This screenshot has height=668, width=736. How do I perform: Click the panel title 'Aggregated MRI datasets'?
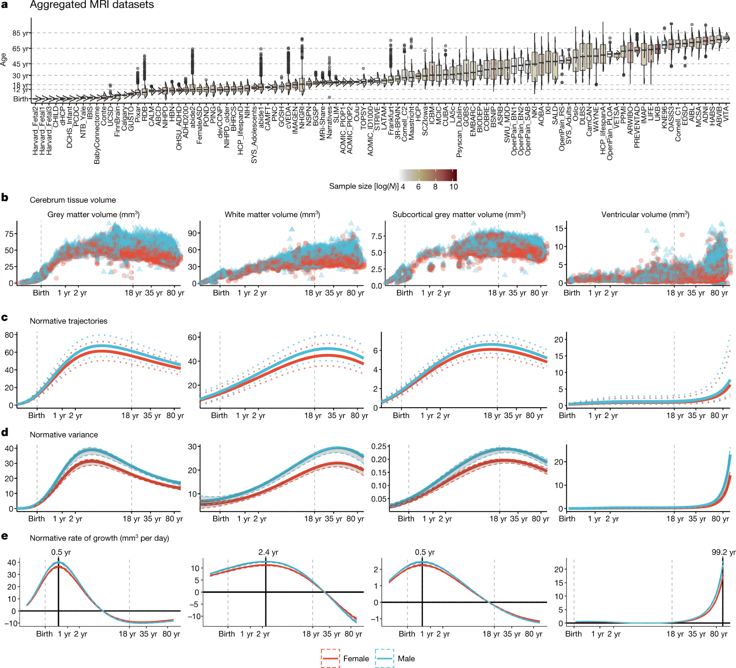tap(92, 5)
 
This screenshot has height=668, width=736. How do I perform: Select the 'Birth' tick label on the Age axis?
tap(21, 99)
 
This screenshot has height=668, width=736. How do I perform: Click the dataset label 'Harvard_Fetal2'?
tap(35, 130)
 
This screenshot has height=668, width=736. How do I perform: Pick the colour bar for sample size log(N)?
tap(428, 175)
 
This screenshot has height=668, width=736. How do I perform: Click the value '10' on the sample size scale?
tap(453, 187)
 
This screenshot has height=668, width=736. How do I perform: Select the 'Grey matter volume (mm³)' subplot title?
tap(93, 215)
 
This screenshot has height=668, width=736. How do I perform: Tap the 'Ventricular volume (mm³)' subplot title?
tap(645, 215)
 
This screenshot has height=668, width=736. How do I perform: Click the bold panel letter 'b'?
tap(5, 198)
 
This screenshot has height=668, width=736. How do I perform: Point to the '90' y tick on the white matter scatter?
tap(192, 233)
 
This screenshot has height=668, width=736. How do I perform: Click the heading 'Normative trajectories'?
tap(68, 321)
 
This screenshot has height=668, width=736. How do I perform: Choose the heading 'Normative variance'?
tap(64, 435)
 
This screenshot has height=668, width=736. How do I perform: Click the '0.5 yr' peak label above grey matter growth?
tap(61, 552)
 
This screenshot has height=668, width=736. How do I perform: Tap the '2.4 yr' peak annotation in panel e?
tap(268, 552)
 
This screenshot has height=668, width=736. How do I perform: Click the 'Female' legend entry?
tap(355, 658)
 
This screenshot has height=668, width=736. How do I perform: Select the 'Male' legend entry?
tap(406, 658)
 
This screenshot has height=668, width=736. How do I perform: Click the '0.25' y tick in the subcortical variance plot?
tap(379, 446)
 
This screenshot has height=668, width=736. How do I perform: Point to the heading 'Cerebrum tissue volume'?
tap(72, 200)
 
